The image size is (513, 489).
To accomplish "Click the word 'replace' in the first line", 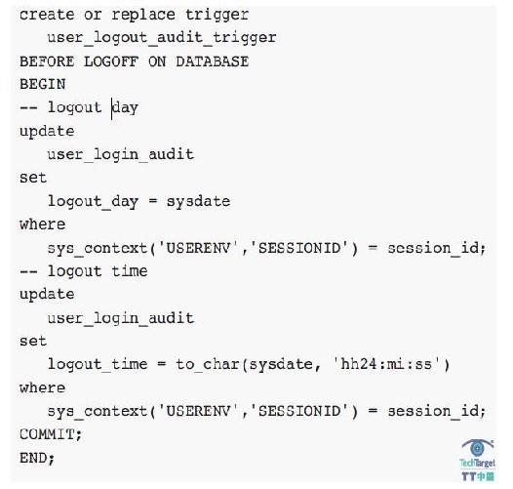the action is tap(143, 16).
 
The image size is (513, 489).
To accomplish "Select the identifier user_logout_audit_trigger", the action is tap(162, 38).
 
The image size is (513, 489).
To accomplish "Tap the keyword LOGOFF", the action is tap(111, 61).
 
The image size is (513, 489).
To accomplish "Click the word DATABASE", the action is tap(213, 61).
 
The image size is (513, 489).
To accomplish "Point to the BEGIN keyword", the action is tap(43, 84).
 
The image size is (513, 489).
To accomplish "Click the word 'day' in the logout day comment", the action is tap(125, 108).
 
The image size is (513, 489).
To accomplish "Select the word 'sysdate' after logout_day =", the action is tap(198, 201).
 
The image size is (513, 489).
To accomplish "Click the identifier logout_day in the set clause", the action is tap(93, 201).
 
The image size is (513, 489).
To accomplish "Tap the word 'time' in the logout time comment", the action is tap(130, 271).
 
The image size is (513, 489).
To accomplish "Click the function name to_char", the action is tap(208, 364).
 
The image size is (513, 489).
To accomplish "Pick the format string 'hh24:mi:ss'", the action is tap(386, 364).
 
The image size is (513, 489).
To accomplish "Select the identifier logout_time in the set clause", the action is tap(98, 364).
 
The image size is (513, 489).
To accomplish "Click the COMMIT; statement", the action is tap(51, 434).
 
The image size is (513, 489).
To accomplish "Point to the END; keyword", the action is tap(37, 458).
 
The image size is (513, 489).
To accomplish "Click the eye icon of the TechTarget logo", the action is tap(477, 448).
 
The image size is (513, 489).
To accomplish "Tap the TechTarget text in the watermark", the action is tap(477, 463).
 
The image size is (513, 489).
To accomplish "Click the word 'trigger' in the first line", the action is tap(217, 16).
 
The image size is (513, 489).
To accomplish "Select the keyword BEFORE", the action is tap(47, 61).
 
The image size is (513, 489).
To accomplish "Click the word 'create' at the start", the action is tap(47, 16).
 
